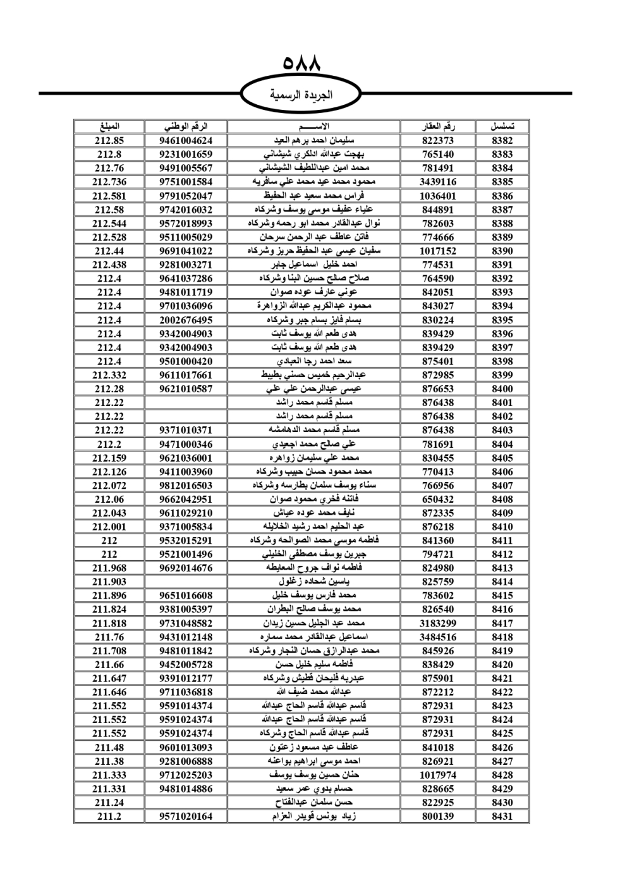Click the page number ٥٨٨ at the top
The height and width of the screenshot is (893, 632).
click(x=302, y=64)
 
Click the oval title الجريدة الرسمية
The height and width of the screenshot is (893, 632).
click(x=301, y=95)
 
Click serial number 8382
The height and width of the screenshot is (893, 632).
click(x=502, y=141)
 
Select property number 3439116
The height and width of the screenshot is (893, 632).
click(x=438, y=182)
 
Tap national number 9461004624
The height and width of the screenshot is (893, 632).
click(x=186, y=141)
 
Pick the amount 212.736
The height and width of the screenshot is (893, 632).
click(x=109, y=182)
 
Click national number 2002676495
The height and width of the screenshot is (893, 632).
click(x=186, y=320)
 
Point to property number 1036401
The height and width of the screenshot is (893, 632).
click(x=438, y=196)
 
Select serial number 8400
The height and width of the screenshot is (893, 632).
click(x=502, y=389)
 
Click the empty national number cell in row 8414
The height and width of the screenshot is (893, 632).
click(x=186, y=582)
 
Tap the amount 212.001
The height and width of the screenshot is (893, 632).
click(x=109, y=527)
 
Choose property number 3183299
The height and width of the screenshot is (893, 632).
click(x=438, y=623)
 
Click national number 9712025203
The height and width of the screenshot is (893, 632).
click(x=186, y=775)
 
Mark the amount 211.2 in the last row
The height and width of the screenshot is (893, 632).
click(x=109, y=816)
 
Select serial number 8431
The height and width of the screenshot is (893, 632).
click(x=502, y=816)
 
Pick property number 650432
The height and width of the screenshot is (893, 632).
click(x=438, y=499)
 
